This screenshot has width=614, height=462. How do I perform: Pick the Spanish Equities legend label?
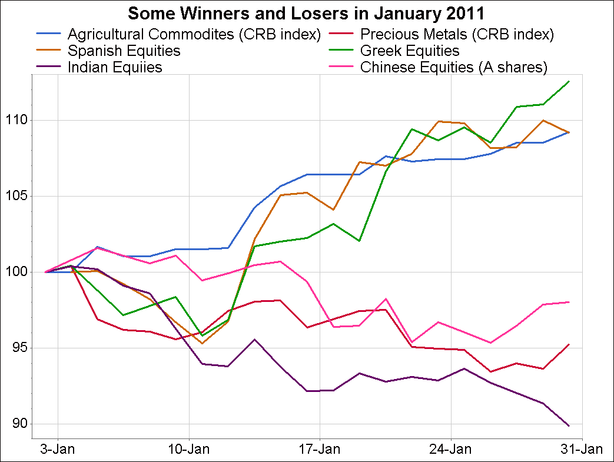point(124,51)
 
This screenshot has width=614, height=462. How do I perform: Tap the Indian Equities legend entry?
point(115,67)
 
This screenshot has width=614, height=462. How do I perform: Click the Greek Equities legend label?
point(410,51)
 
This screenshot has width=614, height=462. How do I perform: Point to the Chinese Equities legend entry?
point(454,67)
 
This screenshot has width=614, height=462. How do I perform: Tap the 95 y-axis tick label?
point(18,348)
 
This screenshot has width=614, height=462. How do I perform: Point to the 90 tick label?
point(18,424)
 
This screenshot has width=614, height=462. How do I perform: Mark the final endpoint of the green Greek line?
point(569,81)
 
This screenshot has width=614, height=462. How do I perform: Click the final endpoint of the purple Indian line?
point(569,426)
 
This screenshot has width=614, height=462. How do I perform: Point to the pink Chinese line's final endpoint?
point(569,302)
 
